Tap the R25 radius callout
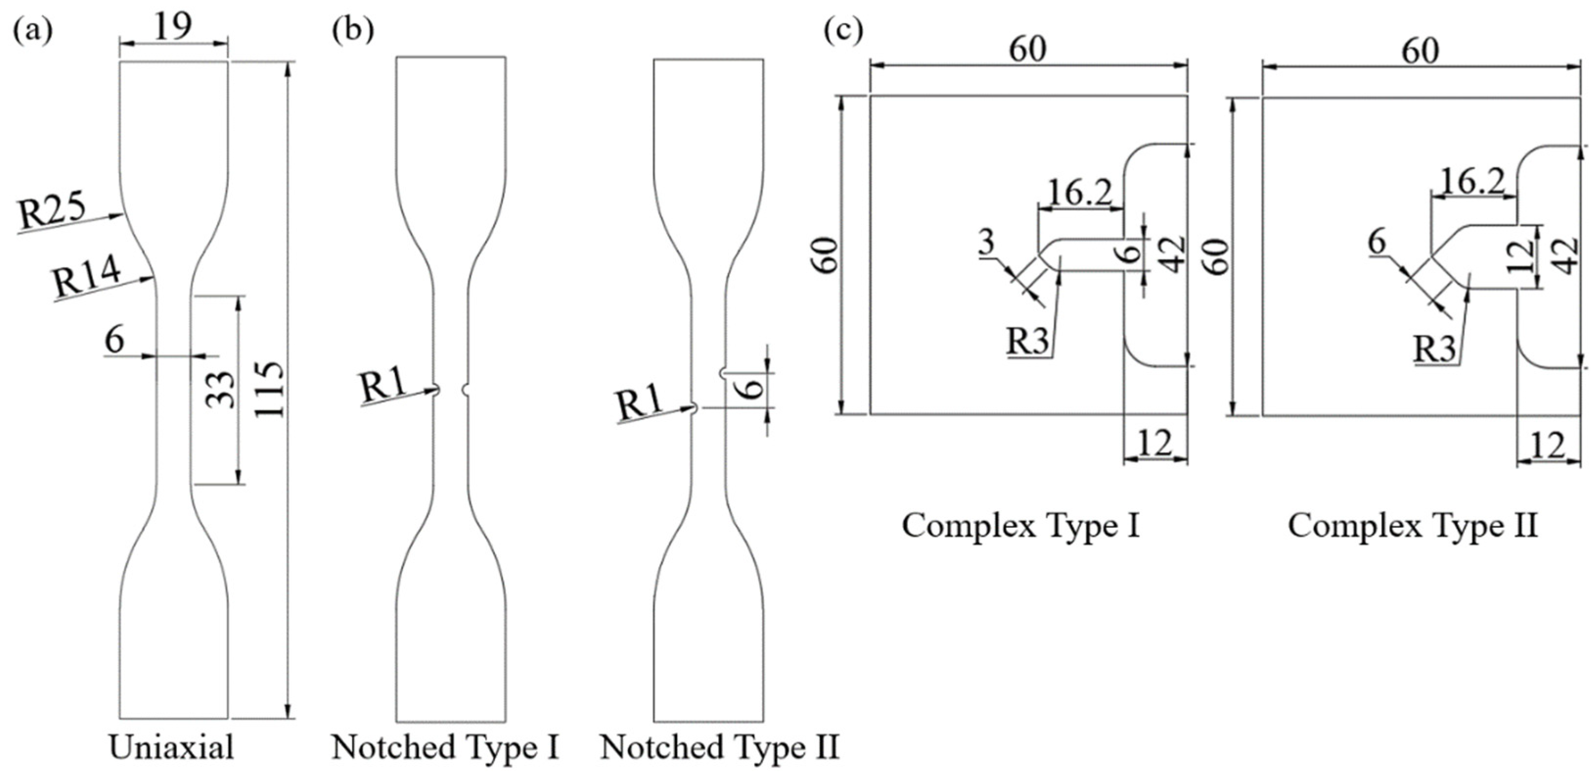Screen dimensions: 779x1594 pos(51,212)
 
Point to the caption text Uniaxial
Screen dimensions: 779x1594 pos(171,747)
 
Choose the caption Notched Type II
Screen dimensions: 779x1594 pos(719,747)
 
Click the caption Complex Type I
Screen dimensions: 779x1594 pos(1020,526)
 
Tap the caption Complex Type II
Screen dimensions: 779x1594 pos(1413,526)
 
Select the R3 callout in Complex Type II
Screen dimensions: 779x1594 pos(1435,349)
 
